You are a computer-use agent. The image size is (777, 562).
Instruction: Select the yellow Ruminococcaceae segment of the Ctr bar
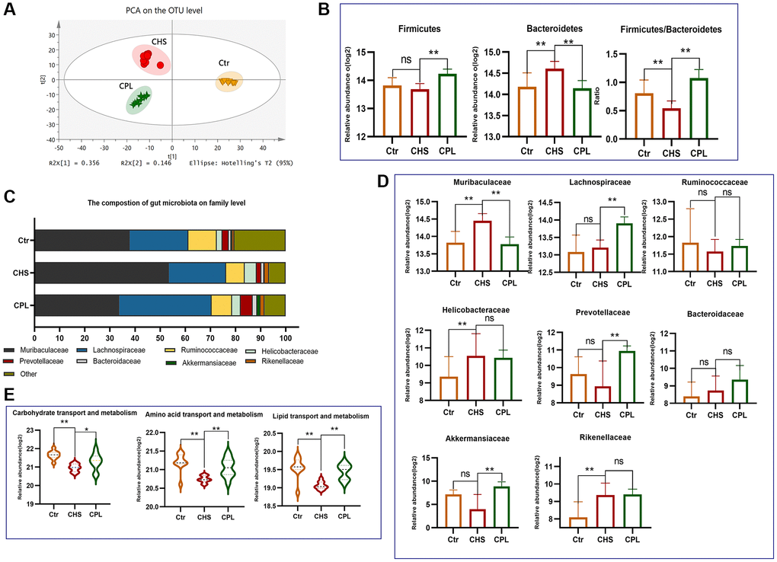(202, 239)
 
